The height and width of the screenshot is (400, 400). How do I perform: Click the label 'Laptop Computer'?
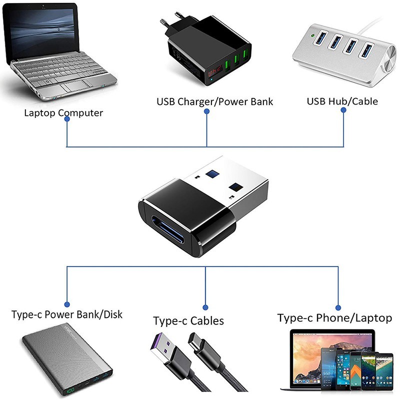[63, 112]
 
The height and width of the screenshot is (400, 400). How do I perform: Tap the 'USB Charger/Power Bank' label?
[214, 101]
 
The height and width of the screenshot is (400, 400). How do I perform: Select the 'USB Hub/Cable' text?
[342, 101]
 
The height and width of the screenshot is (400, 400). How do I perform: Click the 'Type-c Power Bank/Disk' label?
[67, 315]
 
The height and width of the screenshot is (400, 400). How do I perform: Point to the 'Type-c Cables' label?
[188, 320]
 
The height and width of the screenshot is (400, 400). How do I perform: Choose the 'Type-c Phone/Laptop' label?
[334, 318]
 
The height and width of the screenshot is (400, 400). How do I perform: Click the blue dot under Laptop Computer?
[67, 124]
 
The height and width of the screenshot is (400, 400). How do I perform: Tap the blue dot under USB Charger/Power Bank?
[206, 113]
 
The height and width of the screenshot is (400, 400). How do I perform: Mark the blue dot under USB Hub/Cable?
[344, 113]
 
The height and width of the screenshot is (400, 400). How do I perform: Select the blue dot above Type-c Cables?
[205, 307]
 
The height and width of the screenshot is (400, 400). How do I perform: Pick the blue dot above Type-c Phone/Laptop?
[338, 307]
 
